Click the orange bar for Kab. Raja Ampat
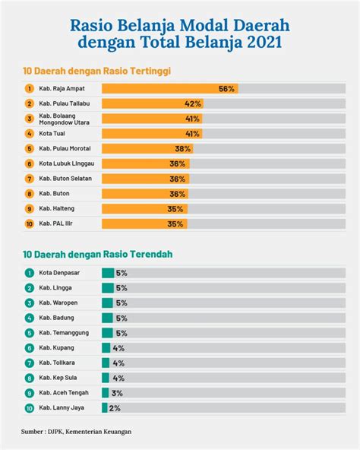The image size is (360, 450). [170, 89]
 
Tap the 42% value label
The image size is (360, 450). [193, 104]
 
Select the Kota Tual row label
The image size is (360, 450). [52, 134]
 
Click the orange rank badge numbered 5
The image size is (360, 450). [30, 149]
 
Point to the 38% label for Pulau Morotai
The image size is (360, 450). [183, 149]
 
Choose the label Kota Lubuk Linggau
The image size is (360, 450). [67, 163]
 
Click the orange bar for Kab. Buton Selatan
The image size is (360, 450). [145, 179]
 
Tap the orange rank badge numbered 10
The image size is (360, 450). [30, 223]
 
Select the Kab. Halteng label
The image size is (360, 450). [56, 208]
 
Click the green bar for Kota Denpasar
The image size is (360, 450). [108, 273]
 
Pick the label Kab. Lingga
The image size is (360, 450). [55, 288]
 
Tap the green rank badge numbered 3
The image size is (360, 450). [30, 303]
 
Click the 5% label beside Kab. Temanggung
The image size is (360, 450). [122, 333]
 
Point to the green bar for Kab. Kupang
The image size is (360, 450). [106, 348]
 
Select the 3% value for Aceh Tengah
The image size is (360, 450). [117, 393]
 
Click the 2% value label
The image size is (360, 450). [115, 408]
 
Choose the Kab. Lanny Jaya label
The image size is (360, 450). [62, 407]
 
